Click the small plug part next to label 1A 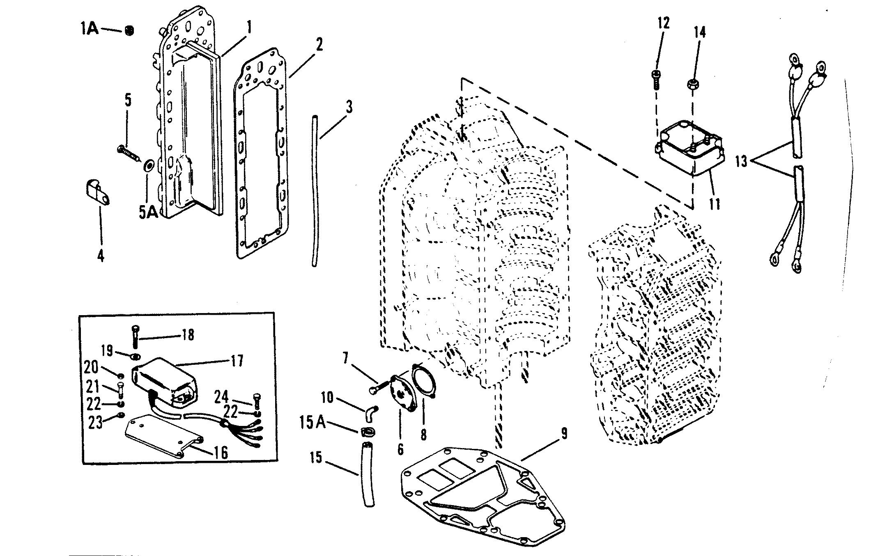pyautogui.click(x=129, y=30)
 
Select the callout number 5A pyautogui.click(x=148, y=213)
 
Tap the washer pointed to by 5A pyautogui.click(x=148, y=166)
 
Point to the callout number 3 pyautogui.click(x=349, y=108)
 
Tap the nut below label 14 pyautogui.click(x=693, y=85)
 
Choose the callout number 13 pyautogui.click(x=741, y=161)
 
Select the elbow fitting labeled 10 pyautogui.click(x=371, y=411)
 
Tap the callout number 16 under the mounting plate pyautogui.click(x=221, y=452)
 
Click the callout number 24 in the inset pyautogui.click(x=222, y=397)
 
